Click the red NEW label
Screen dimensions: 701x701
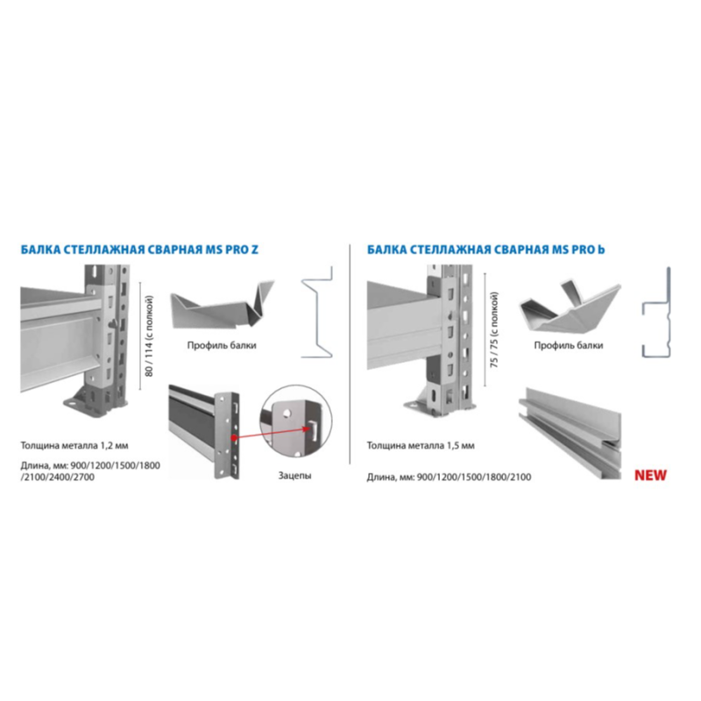(x=650, y=475)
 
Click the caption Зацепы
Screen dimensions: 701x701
(x=294, y=475)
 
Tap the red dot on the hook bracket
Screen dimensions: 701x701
(x=233, y=438)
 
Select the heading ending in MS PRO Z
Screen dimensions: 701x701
(x=139, y=250)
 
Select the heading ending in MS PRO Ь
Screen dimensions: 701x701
(x=486, y=250)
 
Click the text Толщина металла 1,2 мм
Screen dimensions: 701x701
(x=74, y=445)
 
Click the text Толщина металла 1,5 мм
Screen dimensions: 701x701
(x=421, y=445)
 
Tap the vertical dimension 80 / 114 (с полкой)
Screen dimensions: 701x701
(x=149, y=336)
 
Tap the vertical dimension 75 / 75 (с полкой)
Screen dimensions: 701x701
(x=494, y=330)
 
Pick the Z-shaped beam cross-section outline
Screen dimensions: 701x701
(x=317, y=312)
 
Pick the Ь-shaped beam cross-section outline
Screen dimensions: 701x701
(x=656, y=312)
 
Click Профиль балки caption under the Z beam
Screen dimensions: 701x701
(x=222, y=345)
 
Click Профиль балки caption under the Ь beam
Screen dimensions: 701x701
(x=568, y=345)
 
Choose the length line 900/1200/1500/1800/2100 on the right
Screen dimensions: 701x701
(x=450, y=477)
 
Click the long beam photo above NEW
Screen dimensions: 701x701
(x=570, y=433)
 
